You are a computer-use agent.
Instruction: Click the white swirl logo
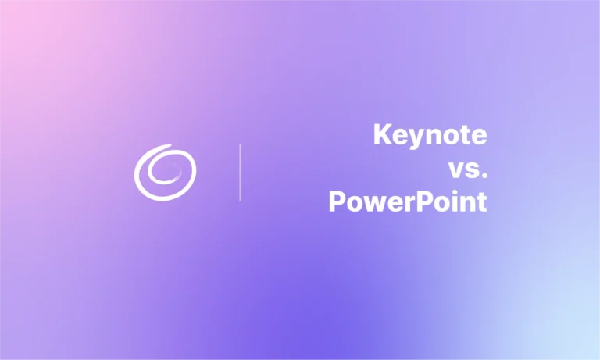point(165,171)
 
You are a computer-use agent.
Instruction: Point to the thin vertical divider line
point(240,172)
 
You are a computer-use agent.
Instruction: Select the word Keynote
point(430,135)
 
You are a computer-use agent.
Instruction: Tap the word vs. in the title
point(466,169)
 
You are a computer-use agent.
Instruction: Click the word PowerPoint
point(407,202)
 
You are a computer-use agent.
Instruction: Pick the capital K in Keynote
point(382,134)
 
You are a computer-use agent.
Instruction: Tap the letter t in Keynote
point(465,135)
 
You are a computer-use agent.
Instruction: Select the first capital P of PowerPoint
point(337,202)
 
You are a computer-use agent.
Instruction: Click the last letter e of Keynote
point(479,137)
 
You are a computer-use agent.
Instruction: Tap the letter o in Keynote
point(448,137)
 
